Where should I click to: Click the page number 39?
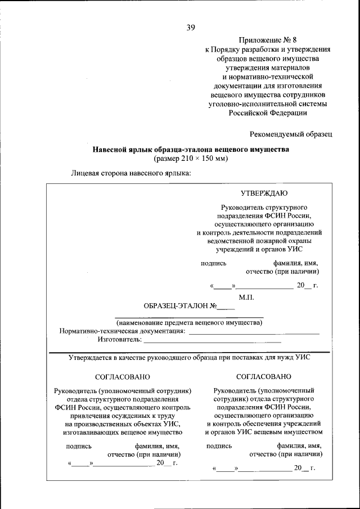click(x=191, y=27)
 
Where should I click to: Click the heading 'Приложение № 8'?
click(x=267, y=40)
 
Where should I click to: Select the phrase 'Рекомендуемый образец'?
click(x=291, y=133)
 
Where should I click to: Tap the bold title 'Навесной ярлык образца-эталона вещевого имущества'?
click(x=191, y=150)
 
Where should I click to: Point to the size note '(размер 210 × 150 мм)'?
click(x=191, y=159)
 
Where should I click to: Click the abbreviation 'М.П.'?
click(x=246, y=296)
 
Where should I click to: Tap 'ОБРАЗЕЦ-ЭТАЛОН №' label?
click(x=180, y=307)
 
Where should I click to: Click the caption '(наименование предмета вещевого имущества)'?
click(x=189, y=323)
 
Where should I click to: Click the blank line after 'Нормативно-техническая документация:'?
click(x=254, y=334)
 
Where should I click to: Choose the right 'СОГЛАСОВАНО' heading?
click(x=264, y=376)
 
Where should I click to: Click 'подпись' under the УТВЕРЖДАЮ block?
click(x=214, y=263)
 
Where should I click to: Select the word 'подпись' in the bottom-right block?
click(x=219, y=445)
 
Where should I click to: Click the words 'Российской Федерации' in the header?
click(x=267, y=112)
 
